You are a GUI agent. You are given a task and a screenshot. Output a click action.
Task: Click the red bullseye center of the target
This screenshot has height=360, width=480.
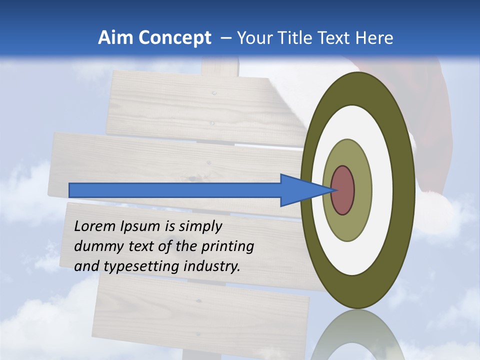tap(343, 190)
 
